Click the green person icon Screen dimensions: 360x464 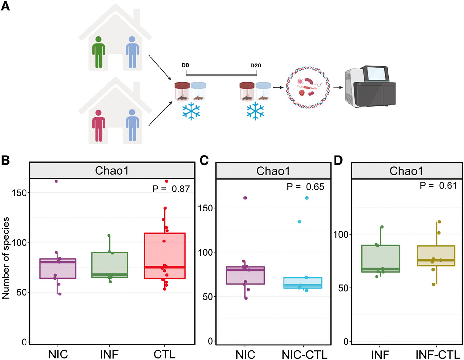(x=98, y=52)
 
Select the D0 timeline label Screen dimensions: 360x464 (x=185, y=65)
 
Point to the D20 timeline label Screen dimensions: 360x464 (x=256, y=66)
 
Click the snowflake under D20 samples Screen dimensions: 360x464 (x=255, y=111)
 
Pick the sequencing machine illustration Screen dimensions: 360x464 (x=370, y=87)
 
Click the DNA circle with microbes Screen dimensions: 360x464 (x=308, y=87)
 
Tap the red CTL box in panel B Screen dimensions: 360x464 (x=165, y=255)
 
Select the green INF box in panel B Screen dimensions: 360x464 (x=109, y=265)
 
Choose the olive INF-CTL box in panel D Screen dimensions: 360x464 (x=436, y=256)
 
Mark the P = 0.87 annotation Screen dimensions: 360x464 (x=171, y=189)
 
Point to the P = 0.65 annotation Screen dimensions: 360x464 (x=305, y=187)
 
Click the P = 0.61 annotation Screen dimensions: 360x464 (x=438, y=185)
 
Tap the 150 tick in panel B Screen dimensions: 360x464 (x=19, y=193)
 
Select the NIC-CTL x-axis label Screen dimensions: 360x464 (x=304, y=355)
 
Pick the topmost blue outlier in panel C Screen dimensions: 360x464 (x=307, y=198)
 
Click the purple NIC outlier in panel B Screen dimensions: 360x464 (x=56, y=181)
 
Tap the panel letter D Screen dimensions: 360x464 (x=338, y=160)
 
